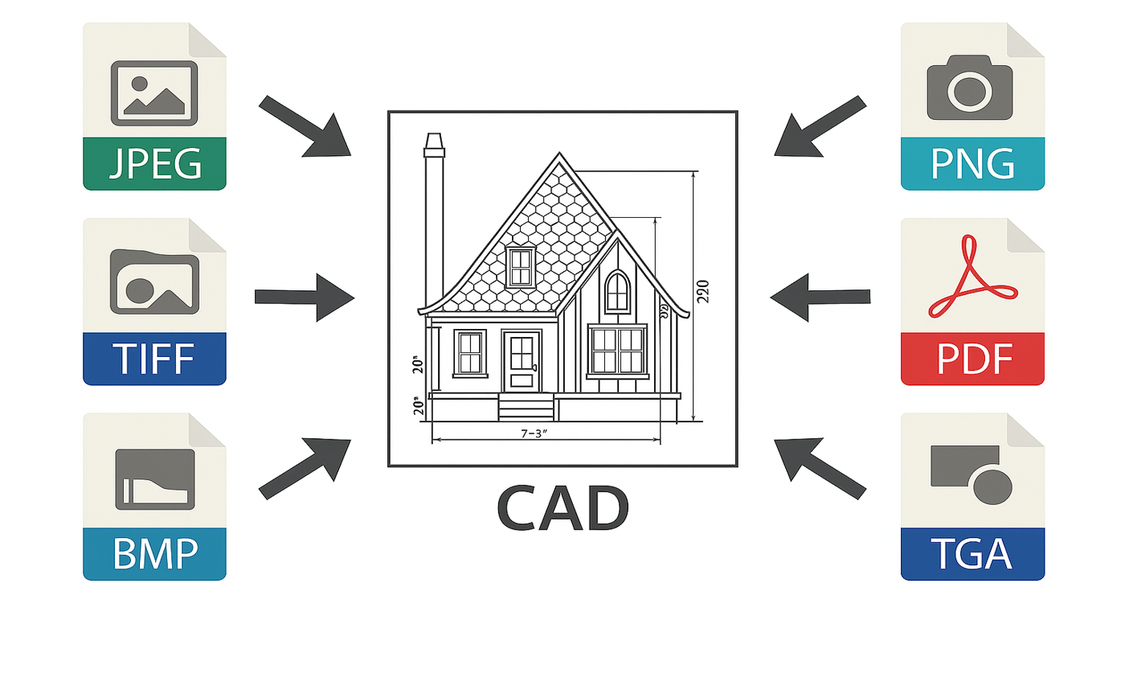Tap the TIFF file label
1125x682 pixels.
pyautogui.click(x=154, y=359)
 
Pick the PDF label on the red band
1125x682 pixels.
pyautogui.click(x=972, y=359)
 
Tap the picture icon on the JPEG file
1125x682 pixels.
pyautogui.click(x=154, y=92)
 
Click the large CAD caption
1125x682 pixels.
pyautogui.click(x=562, y=509)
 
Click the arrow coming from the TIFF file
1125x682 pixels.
pyautogui.click(x=305, y=298)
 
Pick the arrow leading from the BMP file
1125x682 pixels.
pyautogui.click(x=306, y=467)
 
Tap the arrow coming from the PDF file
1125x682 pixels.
pyautogui.click(x=820, y=298)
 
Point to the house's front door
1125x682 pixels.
pyautogui.click(x=522, y=361)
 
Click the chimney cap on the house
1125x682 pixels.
pyautogui.click(x=434, y=143)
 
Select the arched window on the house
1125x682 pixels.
pyautogui.click(x=617, y=291)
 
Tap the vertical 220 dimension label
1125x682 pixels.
pyautogui.click(x=702, y=290)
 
